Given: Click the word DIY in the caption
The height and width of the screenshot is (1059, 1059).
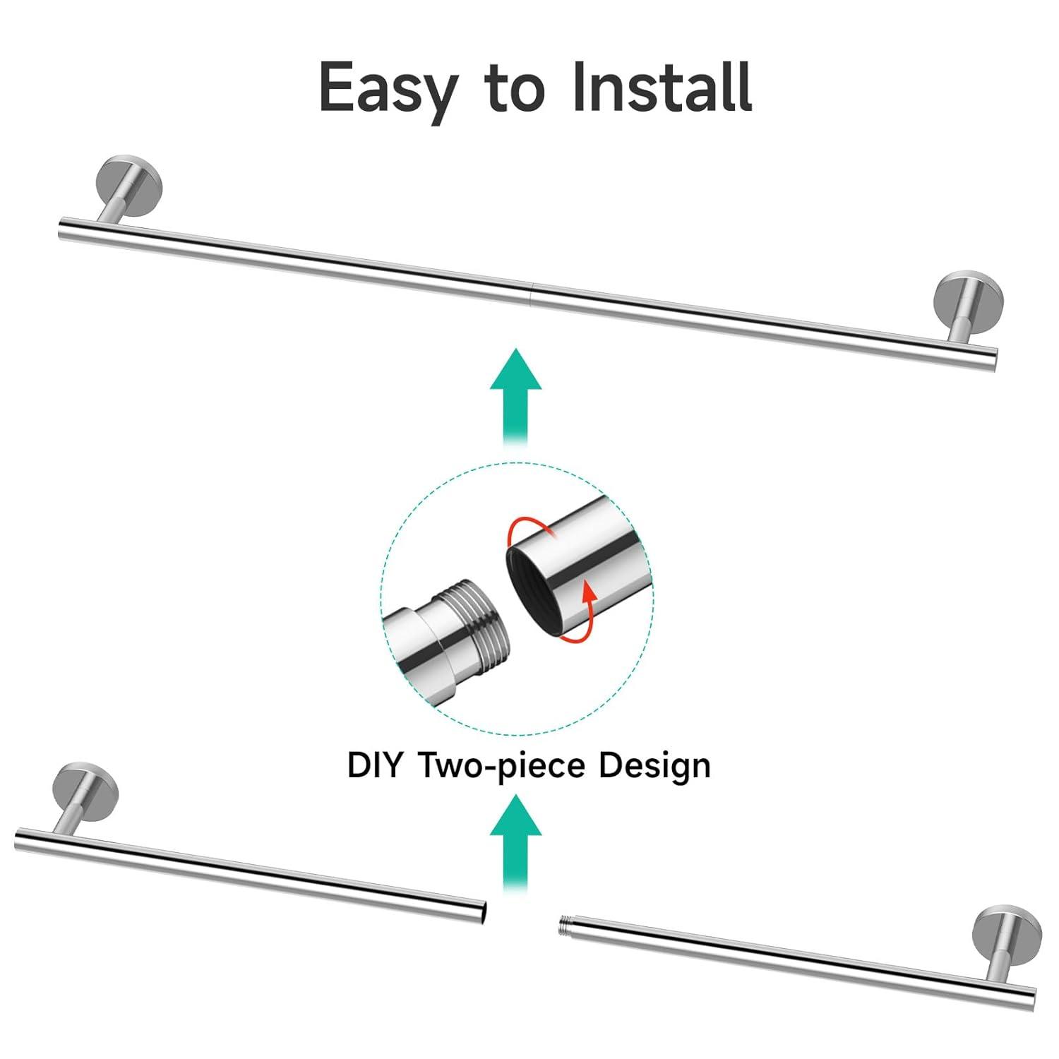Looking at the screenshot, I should (374, 765).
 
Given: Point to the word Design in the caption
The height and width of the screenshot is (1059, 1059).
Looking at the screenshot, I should (654, 765).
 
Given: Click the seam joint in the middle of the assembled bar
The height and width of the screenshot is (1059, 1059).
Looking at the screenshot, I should (530, 292).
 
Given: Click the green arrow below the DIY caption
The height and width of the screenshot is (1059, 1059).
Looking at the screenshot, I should (516, 840).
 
